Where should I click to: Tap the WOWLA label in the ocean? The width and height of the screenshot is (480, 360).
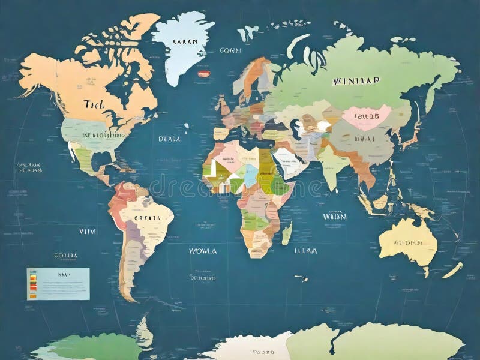pyautogui.click(x=203, y=251)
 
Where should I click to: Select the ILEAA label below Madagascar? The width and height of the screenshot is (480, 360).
pyautogui.click(x=305, y=251)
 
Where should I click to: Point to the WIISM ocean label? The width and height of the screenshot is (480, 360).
pyautogui.click(x=335, y=216)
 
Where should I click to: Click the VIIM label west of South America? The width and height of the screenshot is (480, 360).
pyautogui.click(x=88, y=230)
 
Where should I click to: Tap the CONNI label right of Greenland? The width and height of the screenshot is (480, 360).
pyautogui.click(x=230, y=51)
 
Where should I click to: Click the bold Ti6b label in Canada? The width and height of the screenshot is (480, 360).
pyautogui.click(x=94, y=104)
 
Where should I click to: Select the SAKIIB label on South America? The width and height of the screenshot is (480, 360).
pyautogui.click(x=147, y=218)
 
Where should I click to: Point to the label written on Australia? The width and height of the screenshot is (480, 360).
pyautogui.click(x=408, y=243)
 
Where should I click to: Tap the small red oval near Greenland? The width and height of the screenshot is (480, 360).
pyautogui.click(x=204, y=74)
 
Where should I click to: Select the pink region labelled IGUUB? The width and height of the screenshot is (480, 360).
pyautogui.click(x=366, y=118)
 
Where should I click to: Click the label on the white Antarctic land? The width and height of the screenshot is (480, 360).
pyautogui.click(x=262, y=352)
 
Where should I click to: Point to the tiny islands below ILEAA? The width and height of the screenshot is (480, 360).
pyautogui.click(x=301, y=278)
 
